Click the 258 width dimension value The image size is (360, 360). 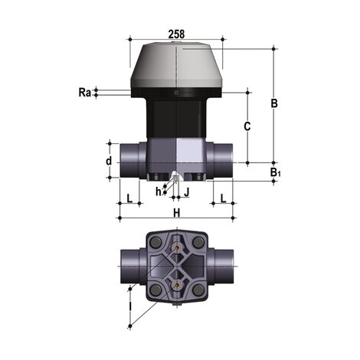[177, 32]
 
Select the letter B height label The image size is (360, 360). [273, 103]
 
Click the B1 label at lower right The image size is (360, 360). [275, 173]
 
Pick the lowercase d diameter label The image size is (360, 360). [109, 161]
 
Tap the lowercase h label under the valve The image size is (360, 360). [159, 191]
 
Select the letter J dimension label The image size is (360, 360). [185, 191]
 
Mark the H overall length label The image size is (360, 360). [176, 212]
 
